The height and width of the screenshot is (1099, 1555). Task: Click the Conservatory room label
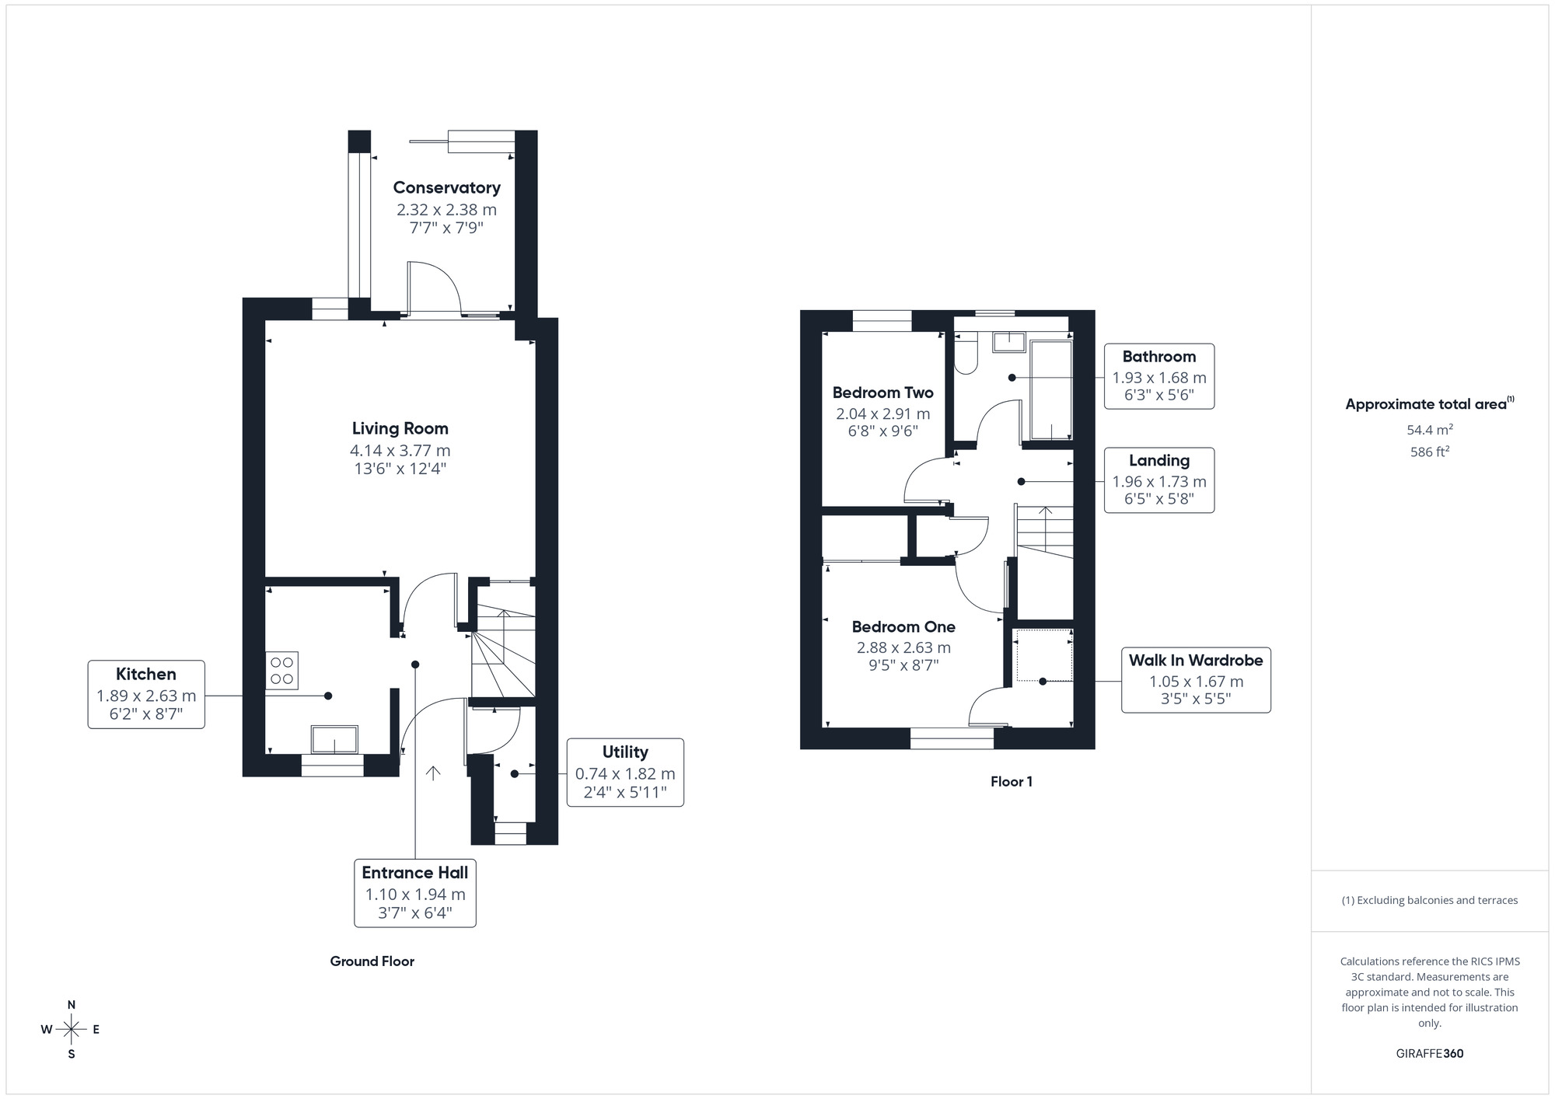(x=446, y=187)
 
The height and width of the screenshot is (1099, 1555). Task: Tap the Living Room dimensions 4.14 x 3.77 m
(x=400, y=450)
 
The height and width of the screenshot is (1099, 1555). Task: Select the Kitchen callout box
(x=146, y=694)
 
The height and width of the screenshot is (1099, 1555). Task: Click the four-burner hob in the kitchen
(x=281, y=671)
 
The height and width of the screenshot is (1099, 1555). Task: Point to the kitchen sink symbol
(x=334, y=739)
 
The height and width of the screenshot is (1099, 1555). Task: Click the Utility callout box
(x=625, y=773)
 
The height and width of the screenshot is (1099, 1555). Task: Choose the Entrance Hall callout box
(x=414, y=892)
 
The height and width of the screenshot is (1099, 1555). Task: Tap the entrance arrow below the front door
(x=433, y=773)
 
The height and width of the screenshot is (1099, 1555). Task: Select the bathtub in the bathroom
(x=1050, y=390)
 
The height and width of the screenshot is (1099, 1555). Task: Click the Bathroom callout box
(x=1158, y=376)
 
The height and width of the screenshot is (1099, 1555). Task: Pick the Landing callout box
(x=1158, y=480)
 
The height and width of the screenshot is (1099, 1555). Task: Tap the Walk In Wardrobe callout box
(x=1195, y=680)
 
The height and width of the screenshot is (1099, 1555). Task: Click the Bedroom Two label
(x=882, y=392)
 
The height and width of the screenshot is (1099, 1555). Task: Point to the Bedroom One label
(x=903, y=626)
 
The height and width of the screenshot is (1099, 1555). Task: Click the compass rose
(x=72, y=1030)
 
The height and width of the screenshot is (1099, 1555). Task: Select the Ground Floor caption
(x=372, y=961)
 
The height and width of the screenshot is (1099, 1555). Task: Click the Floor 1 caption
(x=1011, y=782)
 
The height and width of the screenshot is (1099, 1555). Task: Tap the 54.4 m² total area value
(x=1429, y=430)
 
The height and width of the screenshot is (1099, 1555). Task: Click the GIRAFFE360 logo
(x=1429, y=1054)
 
